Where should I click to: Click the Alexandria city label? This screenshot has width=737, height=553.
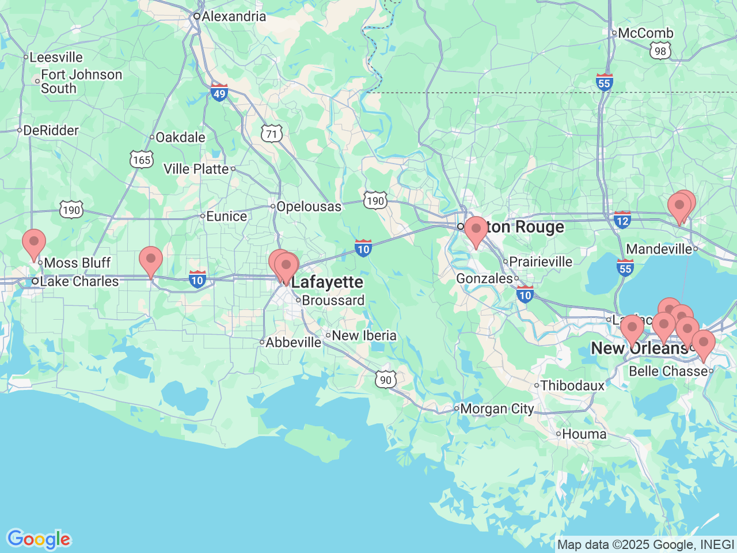point(233,16)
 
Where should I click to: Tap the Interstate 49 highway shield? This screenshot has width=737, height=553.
point(219,93)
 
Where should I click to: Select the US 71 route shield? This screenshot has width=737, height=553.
point(272,134)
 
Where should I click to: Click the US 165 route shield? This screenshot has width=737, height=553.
point(142,160)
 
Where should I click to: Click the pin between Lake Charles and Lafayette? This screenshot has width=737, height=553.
point(151,261)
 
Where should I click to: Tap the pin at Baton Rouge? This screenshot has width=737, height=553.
point(476,231)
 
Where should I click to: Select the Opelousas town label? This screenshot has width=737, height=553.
point(309,206)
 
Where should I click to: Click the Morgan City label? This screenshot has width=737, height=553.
point(497,409)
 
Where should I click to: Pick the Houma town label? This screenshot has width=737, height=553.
point(584,434)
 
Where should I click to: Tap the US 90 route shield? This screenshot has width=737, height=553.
point(386,380)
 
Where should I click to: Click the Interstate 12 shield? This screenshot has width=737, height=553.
point(622,219)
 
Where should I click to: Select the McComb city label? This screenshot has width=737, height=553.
point(645,33)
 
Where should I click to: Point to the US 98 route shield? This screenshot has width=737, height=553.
point(660,51)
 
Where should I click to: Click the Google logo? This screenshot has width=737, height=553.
point(39,540)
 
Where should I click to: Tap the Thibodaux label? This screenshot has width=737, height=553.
point(572,385)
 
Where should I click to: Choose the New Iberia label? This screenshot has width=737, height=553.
point(364,335)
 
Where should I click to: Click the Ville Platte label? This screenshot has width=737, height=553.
point(196,169)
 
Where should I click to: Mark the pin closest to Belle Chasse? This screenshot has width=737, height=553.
point(703,344)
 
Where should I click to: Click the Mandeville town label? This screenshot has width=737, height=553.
point(659,249)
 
